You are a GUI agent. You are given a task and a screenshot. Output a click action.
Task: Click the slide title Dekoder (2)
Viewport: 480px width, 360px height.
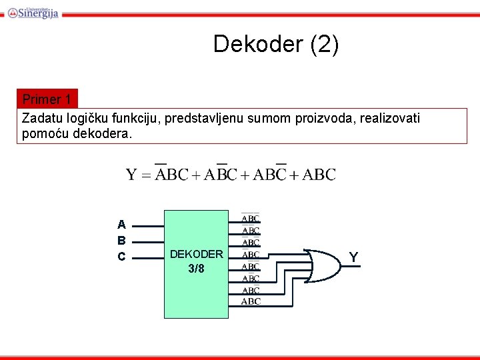pos(276,44)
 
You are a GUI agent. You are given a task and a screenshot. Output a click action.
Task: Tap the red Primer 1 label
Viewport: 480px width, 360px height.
pos(47,99)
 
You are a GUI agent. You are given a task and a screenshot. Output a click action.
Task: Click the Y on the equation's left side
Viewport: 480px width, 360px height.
pos(132,175)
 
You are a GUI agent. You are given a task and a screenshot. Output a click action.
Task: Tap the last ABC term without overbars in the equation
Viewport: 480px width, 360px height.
pos(319,175)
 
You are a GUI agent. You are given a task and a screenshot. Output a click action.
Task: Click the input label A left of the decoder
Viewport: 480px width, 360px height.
pos(121,225)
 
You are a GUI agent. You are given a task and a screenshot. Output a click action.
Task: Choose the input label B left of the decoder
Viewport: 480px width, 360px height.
pos(121,241)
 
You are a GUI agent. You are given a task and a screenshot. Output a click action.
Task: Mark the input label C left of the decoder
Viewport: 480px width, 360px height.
pos(121,257)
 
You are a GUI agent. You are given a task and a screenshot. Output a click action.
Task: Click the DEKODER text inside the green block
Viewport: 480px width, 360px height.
pos(197,254)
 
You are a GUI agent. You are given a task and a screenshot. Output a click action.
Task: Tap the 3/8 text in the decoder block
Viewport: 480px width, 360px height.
pos(197,269)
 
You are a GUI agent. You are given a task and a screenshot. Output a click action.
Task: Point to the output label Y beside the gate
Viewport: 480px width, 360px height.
pos(353,257)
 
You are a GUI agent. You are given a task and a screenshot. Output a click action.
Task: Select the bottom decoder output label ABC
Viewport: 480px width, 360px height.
pos(251,301)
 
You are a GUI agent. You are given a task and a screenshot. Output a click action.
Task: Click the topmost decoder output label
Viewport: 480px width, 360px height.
pos(251,218)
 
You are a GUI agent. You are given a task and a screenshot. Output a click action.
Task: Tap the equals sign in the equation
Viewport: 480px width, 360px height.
pos(146,176)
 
